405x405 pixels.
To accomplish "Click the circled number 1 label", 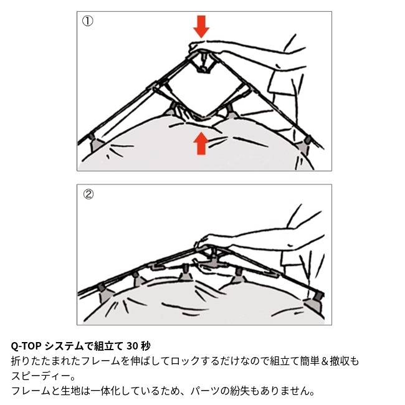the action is click(88, 21).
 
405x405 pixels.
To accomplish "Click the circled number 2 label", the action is click(88, 194).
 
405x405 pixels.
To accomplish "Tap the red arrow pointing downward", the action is click(201, 27).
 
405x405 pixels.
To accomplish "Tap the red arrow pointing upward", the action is click(201, 143).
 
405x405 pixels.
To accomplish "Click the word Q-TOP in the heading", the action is click(26, 346).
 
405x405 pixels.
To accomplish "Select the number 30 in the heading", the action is click(132, 346).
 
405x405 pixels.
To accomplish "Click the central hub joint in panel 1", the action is click(202, 62).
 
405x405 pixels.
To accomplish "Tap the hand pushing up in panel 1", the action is click(197, 118).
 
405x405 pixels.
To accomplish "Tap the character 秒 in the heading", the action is click(145, 346).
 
